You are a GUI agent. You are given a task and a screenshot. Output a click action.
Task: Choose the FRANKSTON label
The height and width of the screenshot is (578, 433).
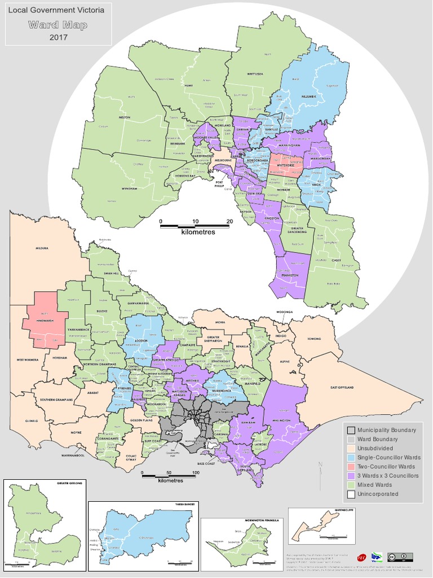tap(290, 275)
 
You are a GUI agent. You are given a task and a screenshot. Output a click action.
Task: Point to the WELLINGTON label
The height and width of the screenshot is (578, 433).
tap(282, 421)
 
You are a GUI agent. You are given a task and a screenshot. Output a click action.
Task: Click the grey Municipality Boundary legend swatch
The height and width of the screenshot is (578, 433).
tap(351, 430)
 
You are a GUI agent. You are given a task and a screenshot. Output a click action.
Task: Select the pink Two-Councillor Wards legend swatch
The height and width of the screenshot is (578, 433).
tap(351, 467)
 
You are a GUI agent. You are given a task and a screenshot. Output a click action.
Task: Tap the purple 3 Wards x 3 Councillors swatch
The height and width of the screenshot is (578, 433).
tap(351, 476)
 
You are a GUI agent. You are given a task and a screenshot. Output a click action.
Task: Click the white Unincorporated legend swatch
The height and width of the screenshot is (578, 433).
tap(351, 494)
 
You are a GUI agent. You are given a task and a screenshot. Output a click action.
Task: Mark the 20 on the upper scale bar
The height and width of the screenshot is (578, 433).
tap(229, 221)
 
